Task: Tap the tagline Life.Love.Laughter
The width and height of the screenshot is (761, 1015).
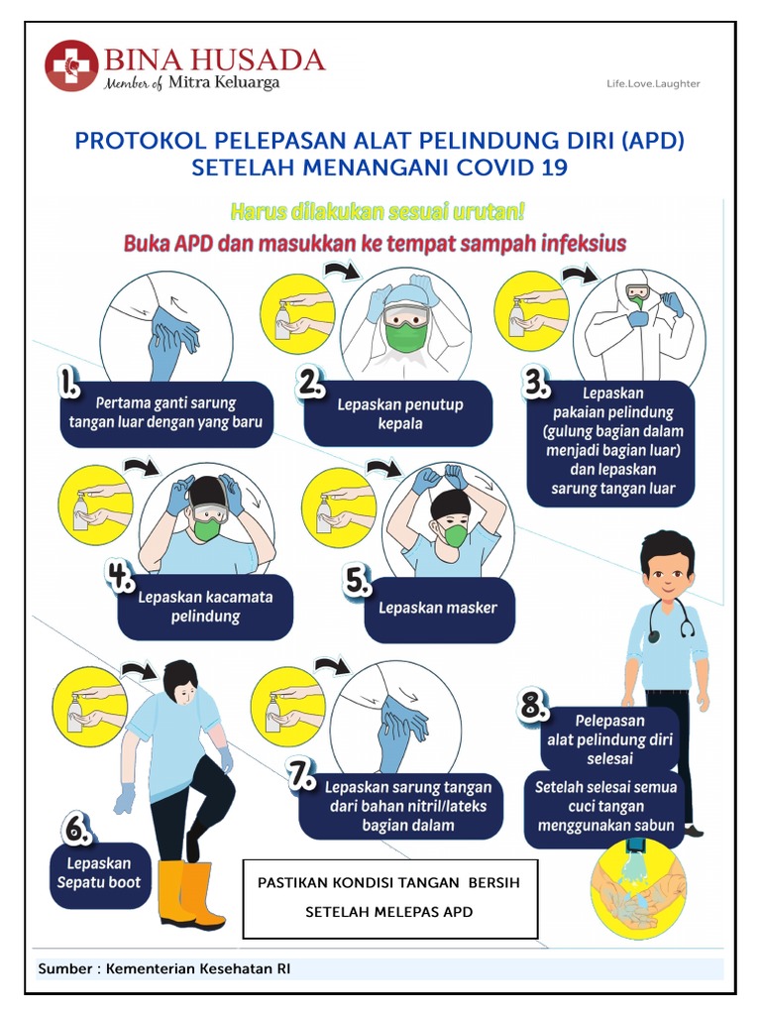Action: pyautogui.click(x=653, y=83)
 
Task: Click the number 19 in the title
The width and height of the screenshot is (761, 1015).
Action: pyautogui.click(x=555, y=168)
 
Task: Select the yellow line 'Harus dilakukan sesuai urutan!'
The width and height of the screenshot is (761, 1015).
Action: pyautogui.click(x=378, y=211)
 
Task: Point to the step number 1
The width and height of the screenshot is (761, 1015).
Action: pyautogui.click(x=70, y=383)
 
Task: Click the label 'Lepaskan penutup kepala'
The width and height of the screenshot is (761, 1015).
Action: pyautogui.click(x=399, y=413)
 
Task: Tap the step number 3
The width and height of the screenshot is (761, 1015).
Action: pyautogui.click(x=538, y=383)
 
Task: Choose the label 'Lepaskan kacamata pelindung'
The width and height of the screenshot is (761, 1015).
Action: pyautogui.click(x=205, y=607)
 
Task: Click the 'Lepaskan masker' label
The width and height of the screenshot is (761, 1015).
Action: pyautogui.click(x=437, y=608)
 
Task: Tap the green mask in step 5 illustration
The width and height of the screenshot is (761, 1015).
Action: pyautogui.click(x=456, y=536)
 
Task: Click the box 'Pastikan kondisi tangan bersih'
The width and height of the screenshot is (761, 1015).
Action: pyautogui.click(x=389, y=897)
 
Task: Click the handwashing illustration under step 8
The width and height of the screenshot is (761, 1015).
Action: pyautogui.click(x=636, y=884)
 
